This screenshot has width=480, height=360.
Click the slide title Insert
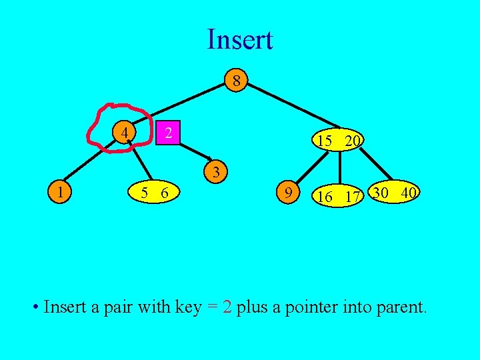coord(239,39)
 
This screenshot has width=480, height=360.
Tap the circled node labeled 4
coord(125,133)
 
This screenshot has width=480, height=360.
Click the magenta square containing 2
coord(169,133)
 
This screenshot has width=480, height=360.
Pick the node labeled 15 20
coord(339,140)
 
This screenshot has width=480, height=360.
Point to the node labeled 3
coord(216,172)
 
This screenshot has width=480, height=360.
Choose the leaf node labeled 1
coord(61,193)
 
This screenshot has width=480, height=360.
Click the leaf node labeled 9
coord(287,193)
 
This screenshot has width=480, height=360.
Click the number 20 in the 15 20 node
coord(353,141)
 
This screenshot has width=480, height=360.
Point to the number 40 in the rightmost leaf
coord(409,193)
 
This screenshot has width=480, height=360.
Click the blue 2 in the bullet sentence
coord(227,307)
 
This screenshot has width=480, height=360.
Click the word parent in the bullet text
coord(400,307)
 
